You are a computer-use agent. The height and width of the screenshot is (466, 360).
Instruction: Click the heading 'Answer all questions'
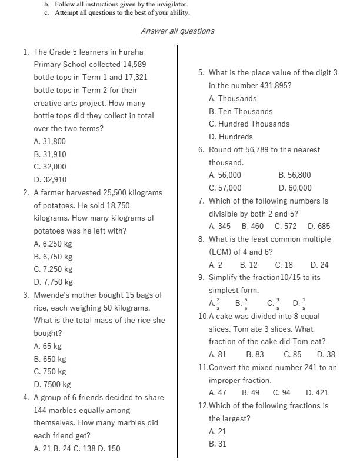click(x=178, y=31)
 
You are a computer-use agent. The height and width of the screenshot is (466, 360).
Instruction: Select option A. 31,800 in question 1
click(x=50, y=141)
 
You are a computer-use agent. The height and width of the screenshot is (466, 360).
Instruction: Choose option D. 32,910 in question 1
click(x=50, y=179)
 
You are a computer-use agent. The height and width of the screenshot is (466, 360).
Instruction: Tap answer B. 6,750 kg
click(x=53, y=257)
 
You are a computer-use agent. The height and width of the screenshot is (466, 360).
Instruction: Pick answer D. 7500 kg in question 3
click(x=52, y=384)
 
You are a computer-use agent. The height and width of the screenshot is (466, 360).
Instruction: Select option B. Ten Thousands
click(x=241, y=111)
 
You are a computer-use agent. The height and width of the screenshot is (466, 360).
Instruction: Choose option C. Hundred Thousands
click(x=249, y=124)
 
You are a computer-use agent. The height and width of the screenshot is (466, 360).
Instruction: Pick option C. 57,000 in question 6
click(x=225, y=188)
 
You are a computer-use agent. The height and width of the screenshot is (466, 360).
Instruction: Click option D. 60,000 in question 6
click(x=295, y=188)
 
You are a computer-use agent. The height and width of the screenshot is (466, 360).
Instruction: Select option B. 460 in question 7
click(x=252, y=226)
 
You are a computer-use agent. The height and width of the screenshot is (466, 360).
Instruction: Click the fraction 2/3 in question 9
click(x=215, y=304)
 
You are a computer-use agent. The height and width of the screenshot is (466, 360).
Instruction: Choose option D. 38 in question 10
click(x=326, y=354)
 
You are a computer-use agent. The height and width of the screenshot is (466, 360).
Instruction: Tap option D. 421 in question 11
click(x=317, y=392)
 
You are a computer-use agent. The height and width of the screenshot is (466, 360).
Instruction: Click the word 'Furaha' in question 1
click(x=131, y=52)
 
